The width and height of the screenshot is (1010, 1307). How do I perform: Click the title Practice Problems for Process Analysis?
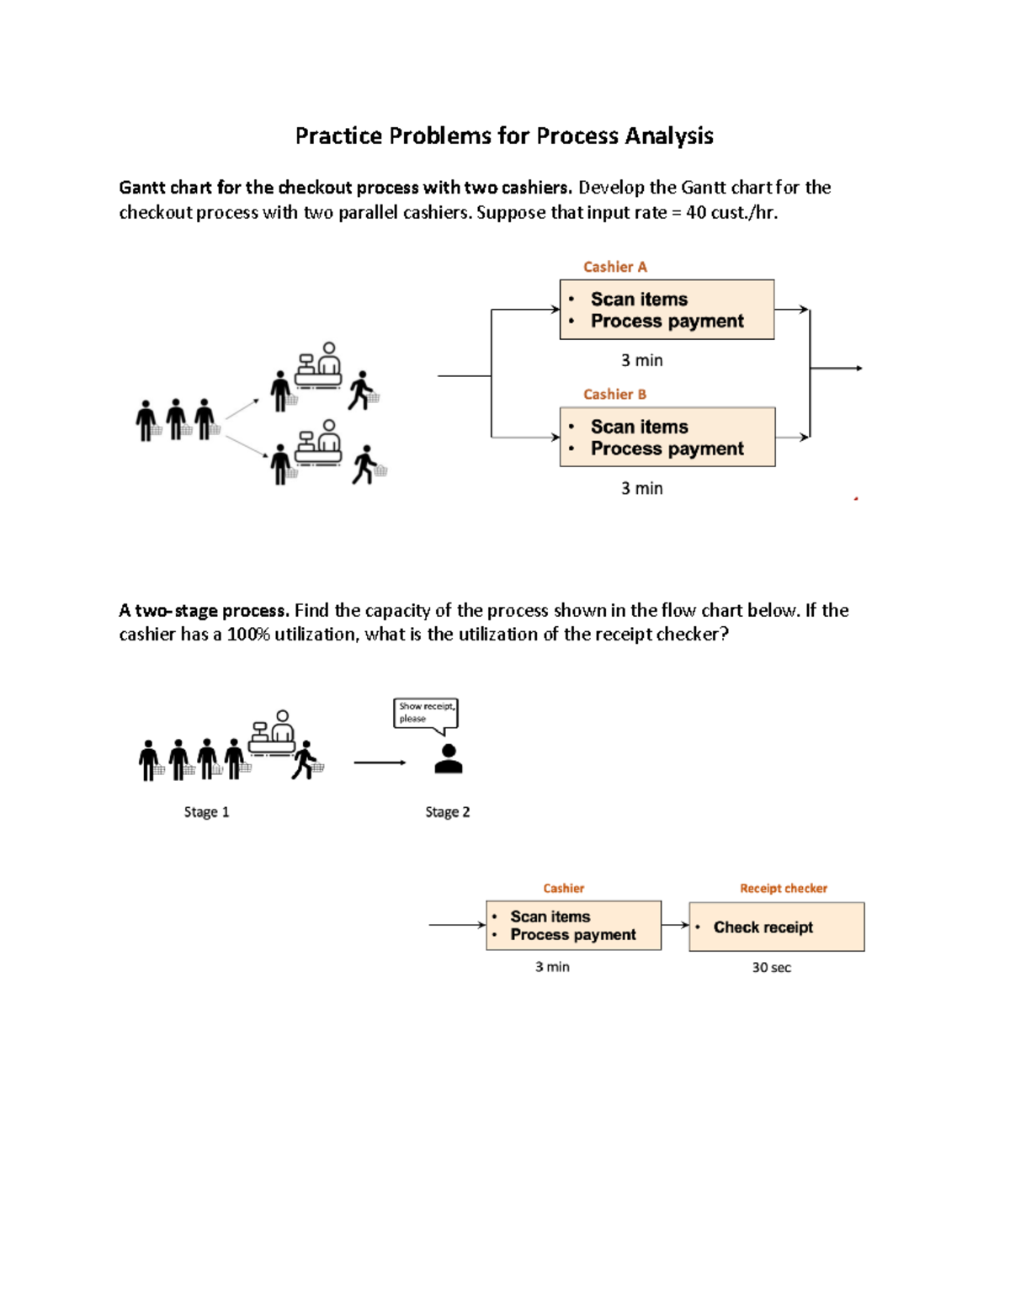point(504,136)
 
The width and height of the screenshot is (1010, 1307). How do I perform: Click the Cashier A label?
point(614,267)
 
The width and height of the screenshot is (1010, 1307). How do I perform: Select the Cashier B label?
point(614,394)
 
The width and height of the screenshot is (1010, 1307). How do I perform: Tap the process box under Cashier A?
point(667,310)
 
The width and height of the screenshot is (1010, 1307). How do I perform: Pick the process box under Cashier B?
point(667,437)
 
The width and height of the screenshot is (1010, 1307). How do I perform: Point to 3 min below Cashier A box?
point(641,360)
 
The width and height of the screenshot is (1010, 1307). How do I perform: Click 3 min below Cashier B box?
point(641,488)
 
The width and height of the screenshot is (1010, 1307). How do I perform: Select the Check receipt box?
point(776,927)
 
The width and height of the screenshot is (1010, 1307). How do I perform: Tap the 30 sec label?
point(771,968)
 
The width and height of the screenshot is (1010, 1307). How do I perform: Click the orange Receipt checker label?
point(783,888)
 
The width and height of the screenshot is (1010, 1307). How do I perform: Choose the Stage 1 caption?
point(206,812)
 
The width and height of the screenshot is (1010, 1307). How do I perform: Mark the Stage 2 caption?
point(447,812)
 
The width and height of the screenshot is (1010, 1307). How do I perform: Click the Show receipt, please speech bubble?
point(426,713)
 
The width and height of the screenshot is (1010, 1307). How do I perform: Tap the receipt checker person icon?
point(449,758)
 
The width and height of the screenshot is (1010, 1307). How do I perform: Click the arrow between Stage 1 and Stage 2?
point(380,762)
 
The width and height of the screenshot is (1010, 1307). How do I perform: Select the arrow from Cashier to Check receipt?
point(675,925)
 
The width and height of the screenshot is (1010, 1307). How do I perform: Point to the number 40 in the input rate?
point(696,213)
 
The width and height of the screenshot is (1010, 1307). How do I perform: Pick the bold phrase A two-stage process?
point(204,610)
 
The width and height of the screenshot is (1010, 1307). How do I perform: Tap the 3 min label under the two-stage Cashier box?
point(552,967)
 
